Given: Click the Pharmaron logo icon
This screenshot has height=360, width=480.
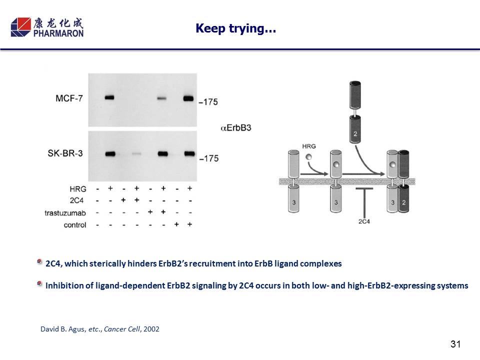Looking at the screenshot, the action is pos(21,27).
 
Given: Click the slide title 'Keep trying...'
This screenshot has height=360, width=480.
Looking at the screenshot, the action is pos(235,28).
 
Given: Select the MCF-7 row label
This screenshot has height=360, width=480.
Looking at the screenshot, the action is pos(69,98).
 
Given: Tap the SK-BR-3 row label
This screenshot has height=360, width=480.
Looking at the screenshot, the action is pos(65,153).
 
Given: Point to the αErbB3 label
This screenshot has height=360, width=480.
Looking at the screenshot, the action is pos(235,127).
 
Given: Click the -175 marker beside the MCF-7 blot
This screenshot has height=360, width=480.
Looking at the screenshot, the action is pos(208,102).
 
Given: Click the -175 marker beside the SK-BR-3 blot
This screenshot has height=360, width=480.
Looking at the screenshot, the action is pos(209,158).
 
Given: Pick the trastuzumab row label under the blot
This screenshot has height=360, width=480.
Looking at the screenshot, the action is pos(65,213).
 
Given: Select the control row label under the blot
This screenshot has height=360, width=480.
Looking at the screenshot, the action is pos(75,225).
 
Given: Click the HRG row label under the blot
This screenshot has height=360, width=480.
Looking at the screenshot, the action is pos(78,189).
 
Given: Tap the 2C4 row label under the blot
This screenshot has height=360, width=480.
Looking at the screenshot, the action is pos(76,200).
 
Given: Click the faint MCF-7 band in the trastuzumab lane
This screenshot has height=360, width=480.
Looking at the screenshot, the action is pos(162,98).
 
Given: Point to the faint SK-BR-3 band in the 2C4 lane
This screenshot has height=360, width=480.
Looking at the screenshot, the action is pos(136,153).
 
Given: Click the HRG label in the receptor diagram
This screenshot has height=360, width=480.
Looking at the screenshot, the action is pos(309,146).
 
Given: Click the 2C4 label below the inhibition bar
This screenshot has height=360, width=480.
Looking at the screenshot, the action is pos(364,221).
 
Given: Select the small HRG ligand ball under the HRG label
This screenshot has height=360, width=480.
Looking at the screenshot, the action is pos(309,156).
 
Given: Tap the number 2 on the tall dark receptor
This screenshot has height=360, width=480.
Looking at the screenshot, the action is pos(355,134).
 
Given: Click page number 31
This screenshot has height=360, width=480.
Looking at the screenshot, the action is pos(455,344).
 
